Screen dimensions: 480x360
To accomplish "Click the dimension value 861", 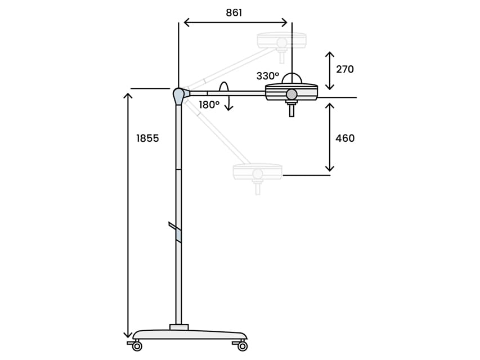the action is tap(234, 13).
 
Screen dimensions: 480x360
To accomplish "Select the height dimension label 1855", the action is tap(147, 138).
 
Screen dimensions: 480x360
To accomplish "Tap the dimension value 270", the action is tap(345, 70).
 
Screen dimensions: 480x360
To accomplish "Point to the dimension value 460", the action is tap(345, 138).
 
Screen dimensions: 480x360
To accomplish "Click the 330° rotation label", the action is tap(268, 76).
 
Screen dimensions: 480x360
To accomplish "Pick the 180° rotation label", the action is tap(209, 105).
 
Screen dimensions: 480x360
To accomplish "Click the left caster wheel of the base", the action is tap(137, 346).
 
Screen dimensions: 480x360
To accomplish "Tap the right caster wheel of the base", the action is tap(243, 346).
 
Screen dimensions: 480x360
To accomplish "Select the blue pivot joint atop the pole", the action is tap(178, 96).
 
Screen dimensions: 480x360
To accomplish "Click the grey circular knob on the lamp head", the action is tap(291, 94).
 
